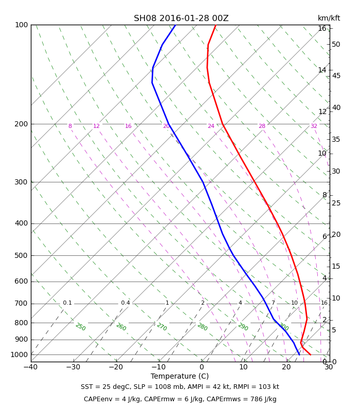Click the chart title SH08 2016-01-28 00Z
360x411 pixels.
(x=181, y=18)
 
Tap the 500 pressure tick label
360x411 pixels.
(x=21, y=255)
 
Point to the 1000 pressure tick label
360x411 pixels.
(x=19, y=354)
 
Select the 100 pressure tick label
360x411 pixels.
(x=21, y=25)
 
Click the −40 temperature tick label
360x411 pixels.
(x=31, y=367)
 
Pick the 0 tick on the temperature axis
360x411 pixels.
(x=202, y=367)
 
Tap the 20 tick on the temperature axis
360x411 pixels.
(x=286, y=367)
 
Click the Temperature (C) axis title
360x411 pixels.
(x=179, y=376)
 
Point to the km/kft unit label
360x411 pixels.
(x=329, y=18)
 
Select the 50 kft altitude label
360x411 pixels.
(x=336, y=44)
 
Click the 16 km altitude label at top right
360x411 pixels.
(x=322, y=28)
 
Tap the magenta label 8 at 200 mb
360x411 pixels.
(x=70, y=126)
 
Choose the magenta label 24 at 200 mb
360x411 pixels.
(x=211, y=126)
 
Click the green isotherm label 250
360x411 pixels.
(x=81, y=327)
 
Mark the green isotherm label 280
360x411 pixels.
(x=202, y=327)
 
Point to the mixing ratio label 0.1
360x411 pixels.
(x=67, y=303)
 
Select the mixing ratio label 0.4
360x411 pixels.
(x=125, y=303)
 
